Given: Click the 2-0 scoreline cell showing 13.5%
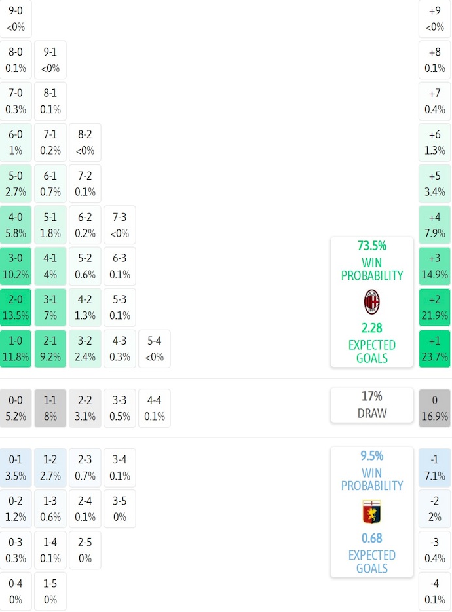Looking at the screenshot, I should pyautogui.click(x=16, y=307).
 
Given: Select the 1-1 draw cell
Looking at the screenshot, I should pyautogui.click(x=50, y=408).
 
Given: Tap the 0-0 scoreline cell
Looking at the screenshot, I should pyautogui.click(x=16, y=408).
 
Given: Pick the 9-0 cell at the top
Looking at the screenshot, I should pyautogui.click(x=16, y=18).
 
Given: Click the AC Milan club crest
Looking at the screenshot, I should pyautogui.click(x=371, y=301).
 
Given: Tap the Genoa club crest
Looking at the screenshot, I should pyautogui.click(x=371, y=511).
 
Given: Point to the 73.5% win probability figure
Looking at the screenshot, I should pyautogui.click(x=371, y=246).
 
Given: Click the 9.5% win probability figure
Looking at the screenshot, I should pyautogui.click(x=371, y=456).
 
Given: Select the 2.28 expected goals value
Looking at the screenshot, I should pyautogui.click(x=371, y=328).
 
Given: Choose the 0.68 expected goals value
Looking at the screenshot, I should pyautogui.click(x=371, y=538).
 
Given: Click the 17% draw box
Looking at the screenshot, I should pyautogui.click(x=371, y=404).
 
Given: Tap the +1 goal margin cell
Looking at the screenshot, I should pyautogui.click(x=435, y=349).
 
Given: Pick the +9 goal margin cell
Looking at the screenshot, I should pyautogui.click(x=435, y=18).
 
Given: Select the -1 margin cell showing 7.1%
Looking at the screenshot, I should pyautogui.click(x=435, y=467).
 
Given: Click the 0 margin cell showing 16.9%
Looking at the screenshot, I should pyautogui.click(x=435, y=408).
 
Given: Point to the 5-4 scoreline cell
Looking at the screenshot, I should pyautogui.click(x=155, y=349).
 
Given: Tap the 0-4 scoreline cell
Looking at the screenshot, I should pyautogui.click(x=16, y=591).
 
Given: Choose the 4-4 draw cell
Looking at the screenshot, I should pyautogui.click(x=155, y=408).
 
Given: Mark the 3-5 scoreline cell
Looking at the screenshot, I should pyautogui.click(x=120, y=508).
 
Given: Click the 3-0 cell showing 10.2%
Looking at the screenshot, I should pyautogui.click(x=16, y=266).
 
